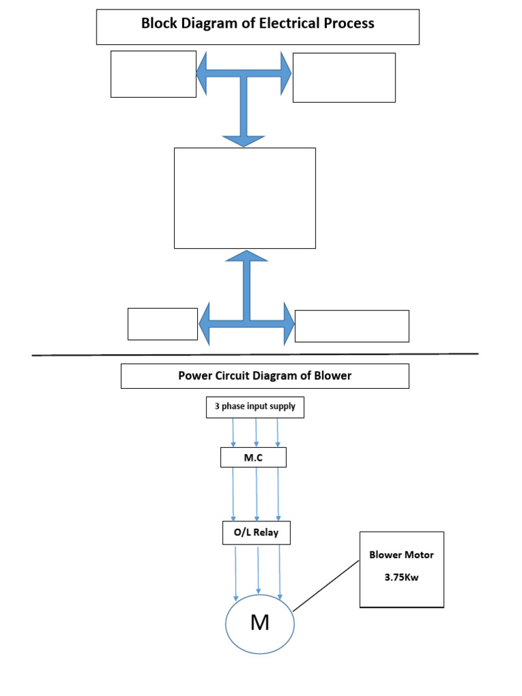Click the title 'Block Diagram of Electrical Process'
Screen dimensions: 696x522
(258, 24)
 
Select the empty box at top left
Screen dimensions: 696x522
(154, 73)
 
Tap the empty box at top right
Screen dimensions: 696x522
(344, 77)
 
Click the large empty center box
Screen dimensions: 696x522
(245, 198)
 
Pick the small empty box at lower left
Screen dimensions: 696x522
(162, 324)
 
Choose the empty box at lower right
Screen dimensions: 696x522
(352, 326)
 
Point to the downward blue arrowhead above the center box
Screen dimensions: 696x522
(244, 139)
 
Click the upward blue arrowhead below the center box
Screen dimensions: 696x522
(246, 258)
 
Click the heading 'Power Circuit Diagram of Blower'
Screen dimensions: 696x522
(265, 375)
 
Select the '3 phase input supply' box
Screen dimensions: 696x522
(255, 407)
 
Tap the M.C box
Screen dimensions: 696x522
(254, 457)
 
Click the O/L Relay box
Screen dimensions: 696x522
(256, 533)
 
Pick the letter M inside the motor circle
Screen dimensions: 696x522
(260, 623)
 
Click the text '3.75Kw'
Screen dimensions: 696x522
(401, 578)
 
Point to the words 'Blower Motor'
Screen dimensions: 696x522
(401, 555)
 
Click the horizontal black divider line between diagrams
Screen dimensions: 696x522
(255, 354)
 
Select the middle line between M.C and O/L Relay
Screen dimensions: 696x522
(256, 493)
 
